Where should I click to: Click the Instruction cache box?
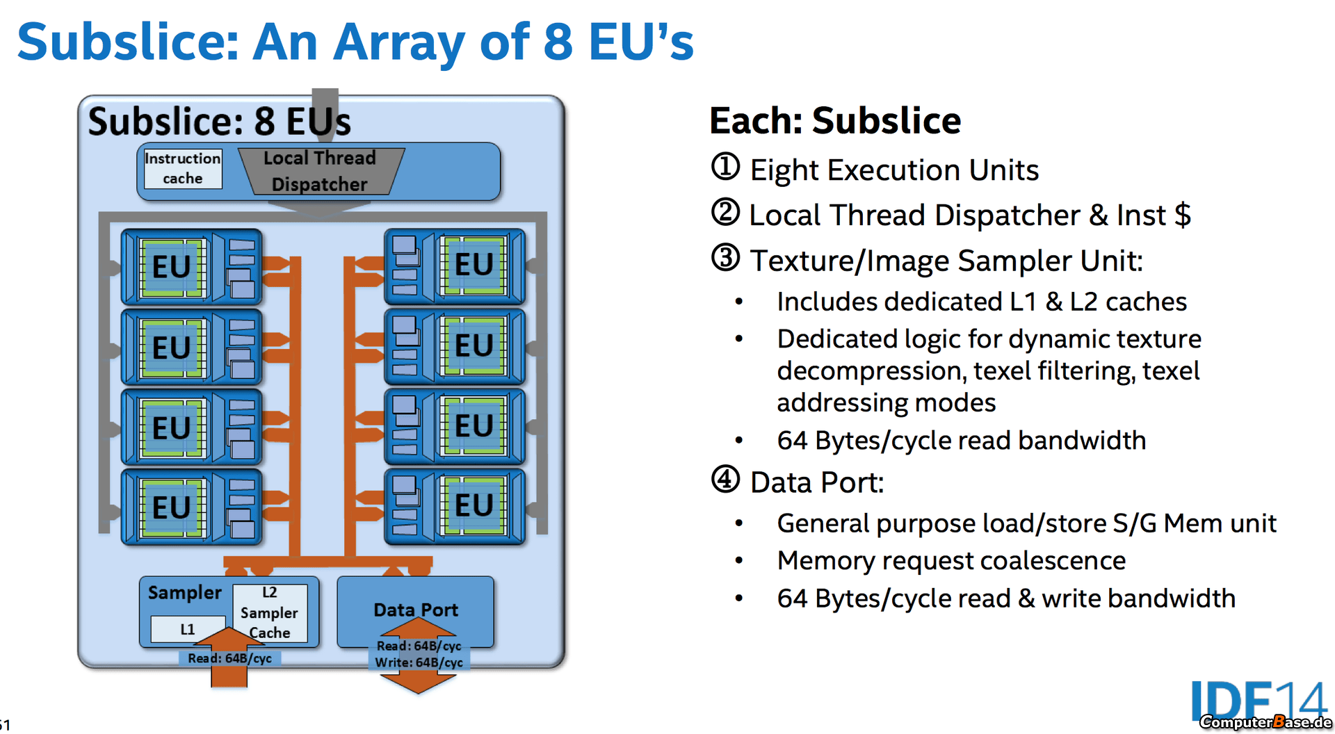coord(183,169)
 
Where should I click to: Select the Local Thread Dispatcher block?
coord(321,171)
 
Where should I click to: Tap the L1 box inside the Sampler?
coord(188,629)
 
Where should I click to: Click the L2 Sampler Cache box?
coord(270,612)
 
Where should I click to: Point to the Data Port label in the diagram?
coord(416,610)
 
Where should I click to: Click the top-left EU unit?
coord(191,267)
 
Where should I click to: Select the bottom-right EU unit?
coord(455,506)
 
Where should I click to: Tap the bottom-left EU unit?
coord(191,506)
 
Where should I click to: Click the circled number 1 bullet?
coord(725,168)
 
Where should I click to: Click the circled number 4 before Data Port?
coord(725,480)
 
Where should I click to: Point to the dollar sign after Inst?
coord(1182,215)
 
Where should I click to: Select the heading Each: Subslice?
coord(835,120)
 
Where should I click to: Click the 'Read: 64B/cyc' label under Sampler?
coord(229,658)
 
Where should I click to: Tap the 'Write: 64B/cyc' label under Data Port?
coord(419,662)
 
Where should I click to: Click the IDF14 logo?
coord(1259,703)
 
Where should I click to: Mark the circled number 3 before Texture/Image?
coord(725,258)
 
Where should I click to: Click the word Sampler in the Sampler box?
coord(184,593)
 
